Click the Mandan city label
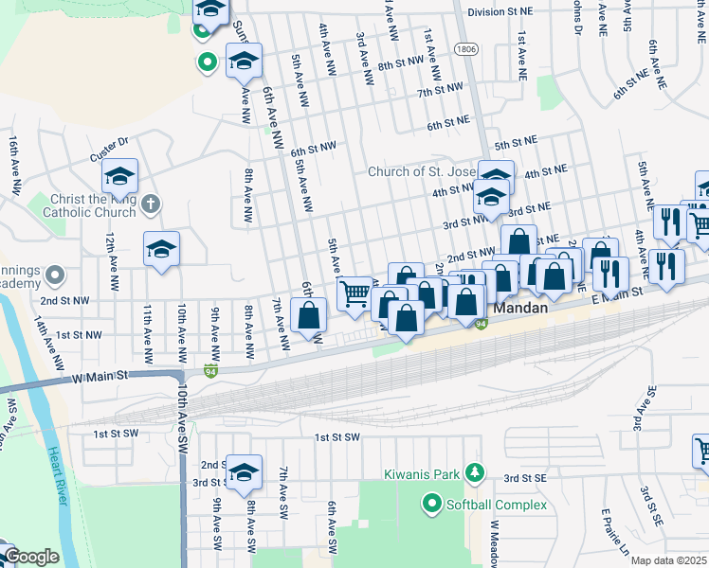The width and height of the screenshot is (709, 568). tap(519, 309)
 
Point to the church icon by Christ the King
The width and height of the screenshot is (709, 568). tap(151, 204)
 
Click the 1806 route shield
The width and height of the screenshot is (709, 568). tap(464, 48)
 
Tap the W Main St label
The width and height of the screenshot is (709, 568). tap(100, 377)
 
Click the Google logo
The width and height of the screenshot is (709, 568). tap(30, 557)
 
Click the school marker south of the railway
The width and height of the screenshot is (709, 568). tap(244, 474)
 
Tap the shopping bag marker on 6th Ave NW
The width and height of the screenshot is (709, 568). tap(309, 315)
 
